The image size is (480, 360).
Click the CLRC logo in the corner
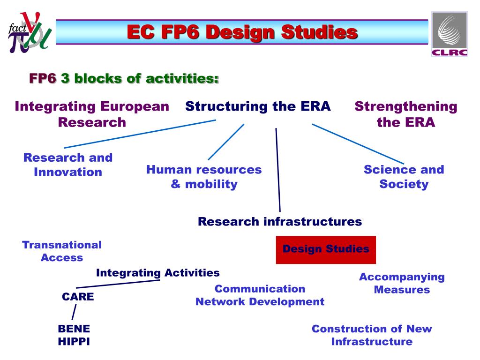pos(449,34)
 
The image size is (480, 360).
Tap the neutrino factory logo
pos(29,32)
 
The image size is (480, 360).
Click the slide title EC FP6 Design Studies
pos(242,32)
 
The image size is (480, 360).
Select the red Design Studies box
pos(326,249)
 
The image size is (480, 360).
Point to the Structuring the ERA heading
pos(258,106)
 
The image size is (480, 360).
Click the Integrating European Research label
pos(92,114)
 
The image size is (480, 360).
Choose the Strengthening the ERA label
pos(405,114)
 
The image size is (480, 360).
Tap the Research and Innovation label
pos(68,165)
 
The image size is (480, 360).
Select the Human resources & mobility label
pos(204,177)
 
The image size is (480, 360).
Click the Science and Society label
pos(404,177)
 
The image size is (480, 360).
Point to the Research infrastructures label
pos(280,222)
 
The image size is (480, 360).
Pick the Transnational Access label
pos(62,251)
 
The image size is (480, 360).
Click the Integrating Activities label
pos(157,273)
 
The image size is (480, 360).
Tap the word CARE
pos(78,297)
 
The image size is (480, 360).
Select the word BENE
pos(74,329)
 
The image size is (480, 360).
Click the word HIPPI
pos(74,342)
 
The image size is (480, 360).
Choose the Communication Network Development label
pos(260,295)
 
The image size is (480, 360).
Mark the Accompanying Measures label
pos(402,283)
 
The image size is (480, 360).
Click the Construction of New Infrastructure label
pos(372,335)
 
